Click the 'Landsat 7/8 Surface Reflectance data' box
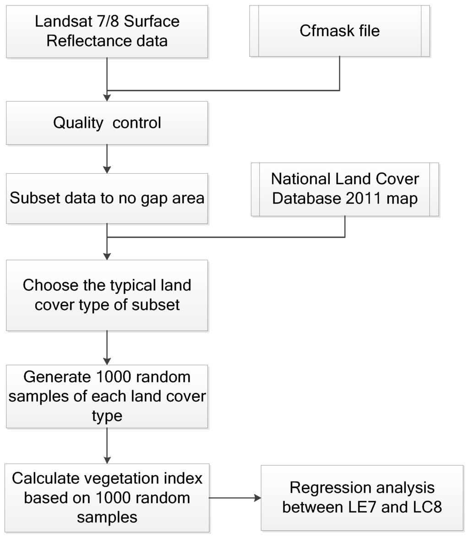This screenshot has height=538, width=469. tap(107, 31)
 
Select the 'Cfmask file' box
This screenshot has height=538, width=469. tap(339, 31)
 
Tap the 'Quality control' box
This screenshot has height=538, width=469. tap(107, 123)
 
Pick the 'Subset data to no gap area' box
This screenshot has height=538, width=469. tap(107, 198)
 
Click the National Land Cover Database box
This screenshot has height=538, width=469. tap(344, 189)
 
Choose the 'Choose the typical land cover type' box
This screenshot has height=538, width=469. tap(107, 295)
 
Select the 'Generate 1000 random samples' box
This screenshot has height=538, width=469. tap(107, 396)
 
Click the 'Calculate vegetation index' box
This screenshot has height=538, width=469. tap(107, 498)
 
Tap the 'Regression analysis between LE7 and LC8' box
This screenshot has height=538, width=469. tap(362, 498)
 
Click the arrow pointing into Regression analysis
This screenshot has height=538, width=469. tap(234, 498)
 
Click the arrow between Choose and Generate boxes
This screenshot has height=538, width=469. tap(107, 347)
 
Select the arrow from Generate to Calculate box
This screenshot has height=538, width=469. tap(107, 446)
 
